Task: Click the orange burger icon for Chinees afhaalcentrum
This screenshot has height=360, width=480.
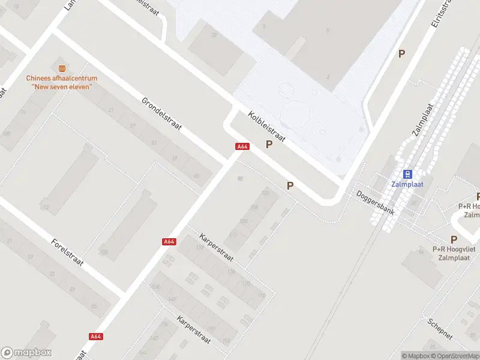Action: [61, 68]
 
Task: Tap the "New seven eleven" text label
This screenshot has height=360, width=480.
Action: [61, 87]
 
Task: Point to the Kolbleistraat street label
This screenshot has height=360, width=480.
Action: [266, 127]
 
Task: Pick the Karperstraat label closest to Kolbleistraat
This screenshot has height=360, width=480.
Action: [216, 247]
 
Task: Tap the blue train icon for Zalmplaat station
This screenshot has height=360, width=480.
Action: [407, 174]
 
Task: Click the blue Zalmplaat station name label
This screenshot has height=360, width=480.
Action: [407, 184]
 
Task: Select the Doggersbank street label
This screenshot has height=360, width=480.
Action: [375, 203]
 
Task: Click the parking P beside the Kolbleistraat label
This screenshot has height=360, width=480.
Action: [269, 145]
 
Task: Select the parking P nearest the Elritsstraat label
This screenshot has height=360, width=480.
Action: [402, 53]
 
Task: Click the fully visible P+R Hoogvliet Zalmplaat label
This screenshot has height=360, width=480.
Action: [451, 253]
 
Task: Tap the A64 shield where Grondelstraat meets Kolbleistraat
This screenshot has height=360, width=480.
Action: [242, 146]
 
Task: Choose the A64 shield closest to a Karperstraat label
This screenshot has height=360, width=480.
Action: [169, 242]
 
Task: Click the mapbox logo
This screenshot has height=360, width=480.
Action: [26, 353]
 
